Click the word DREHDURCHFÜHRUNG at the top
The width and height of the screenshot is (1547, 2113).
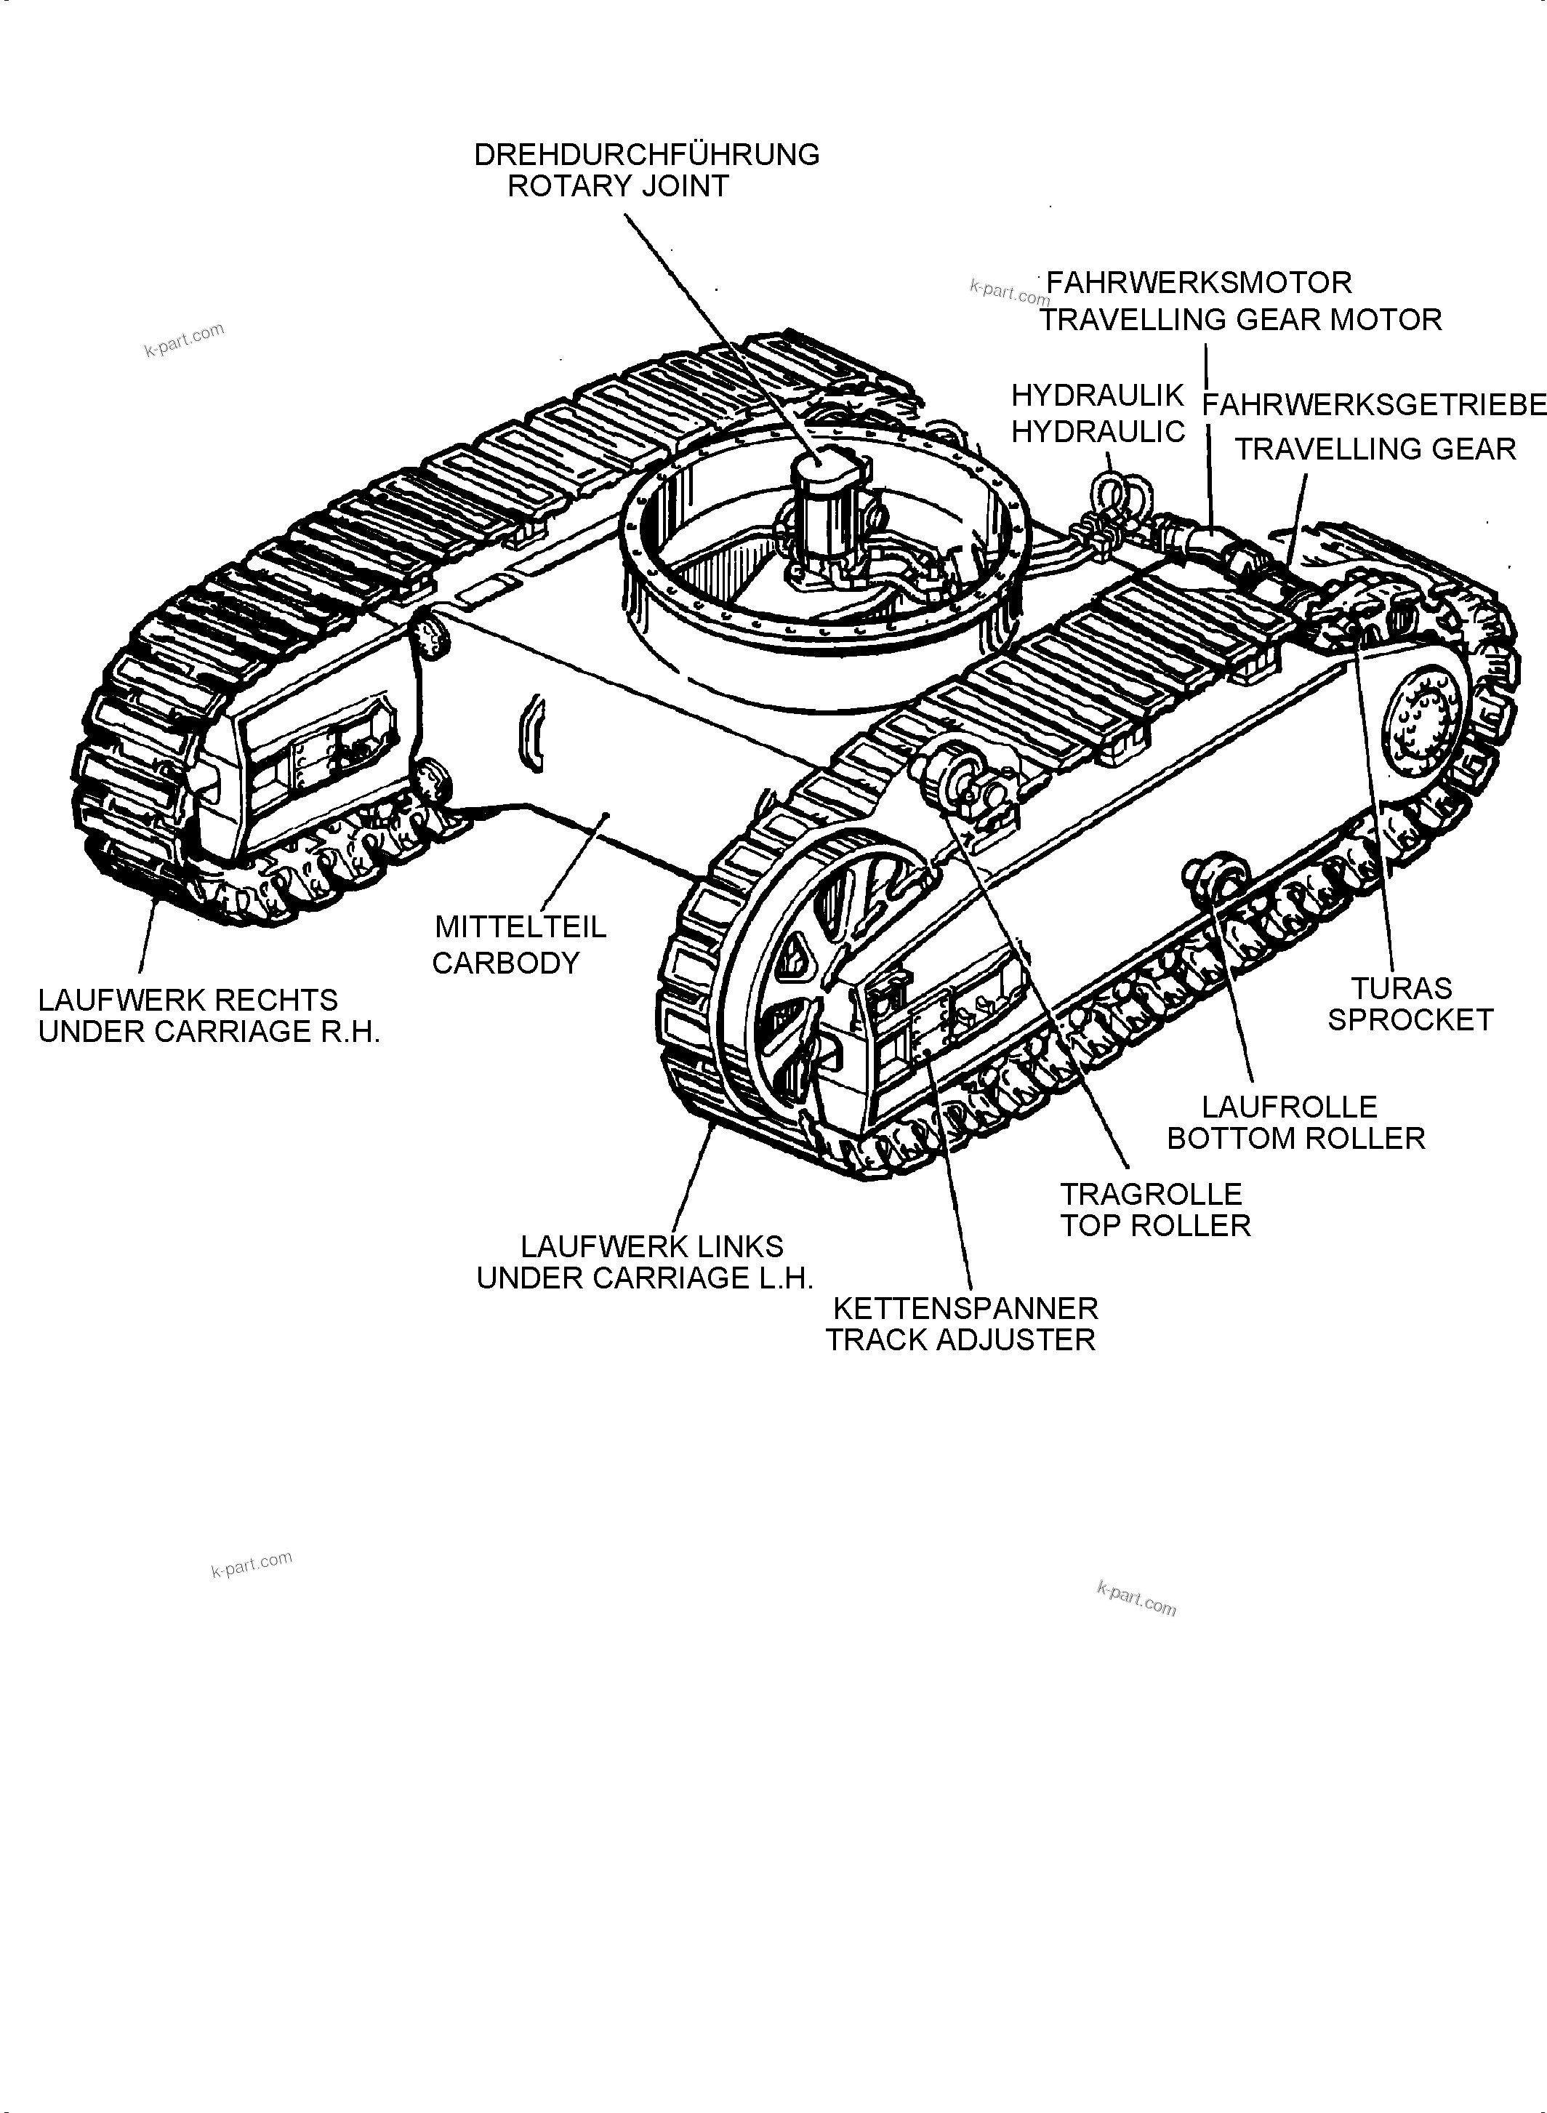click(x=646, y=155)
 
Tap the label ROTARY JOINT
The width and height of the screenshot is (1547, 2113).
click(x=618, y=186)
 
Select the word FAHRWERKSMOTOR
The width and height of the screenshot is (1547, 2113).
click(x=1199, y=283)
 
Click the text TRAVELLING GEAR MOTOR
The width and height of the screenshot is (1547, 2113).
click(x=1241, y=321)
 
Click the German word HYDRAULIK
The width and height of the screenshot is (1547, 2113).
click(x=1098, y=396)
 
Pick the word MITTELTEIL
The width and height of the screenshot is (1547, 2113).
click(x=521, y=927)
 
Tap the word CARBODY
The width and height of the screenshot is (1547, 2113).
click(x=506, y=963)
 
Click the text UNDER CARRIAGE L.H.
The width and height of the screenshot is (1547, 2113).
click(x=644, y=1278)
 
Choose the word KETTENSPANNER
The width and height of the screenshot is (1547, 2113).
click(x=965, y=1309)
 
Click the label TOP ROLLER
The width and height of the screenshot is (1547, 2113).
click(x=1154, y=1226)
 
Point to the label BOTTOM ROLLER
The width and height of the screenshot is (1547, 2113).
click(x=1295, y=1139)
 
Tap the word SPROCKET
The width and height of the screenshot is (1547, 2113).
click(x=1410, y=1020)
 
